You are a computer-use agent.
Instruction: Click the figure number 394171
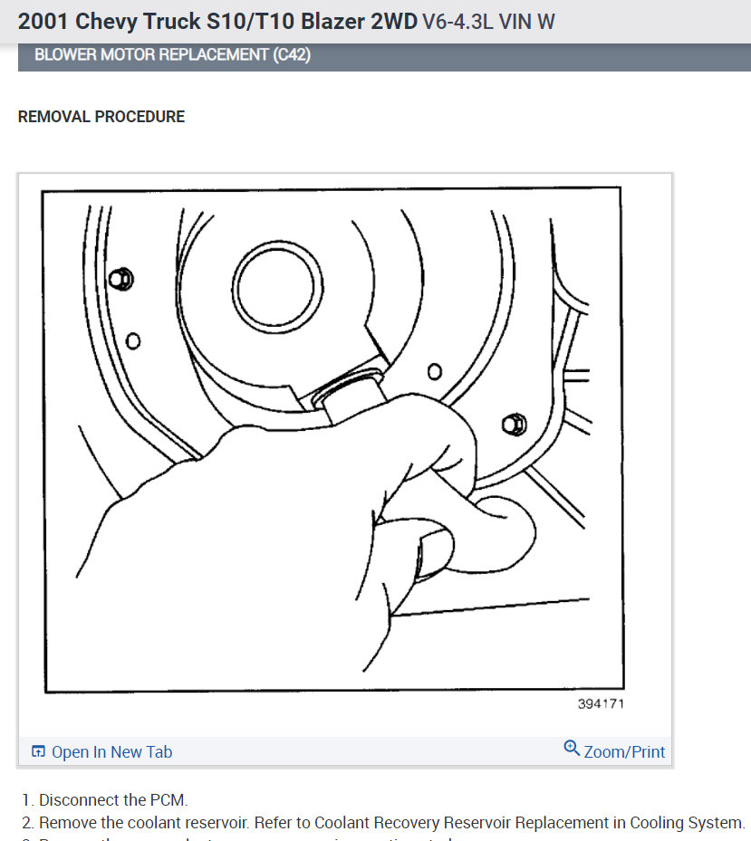[x=601, y=703]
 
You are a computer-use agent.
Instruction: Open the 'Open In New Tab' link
[x=111, y=752]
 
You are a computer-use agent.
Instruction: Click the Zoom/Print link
[x=624, y=751]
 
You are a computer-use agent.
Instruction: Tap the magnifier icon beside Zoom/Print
[x=572, y=749]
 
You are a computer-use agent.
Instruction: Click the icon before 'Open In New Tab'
[x=38, y=752]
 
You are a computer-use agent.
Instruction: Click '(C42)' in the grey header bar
[x=291, y=55]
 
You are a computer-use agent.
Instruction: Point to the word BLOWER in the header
[x=64, y=55]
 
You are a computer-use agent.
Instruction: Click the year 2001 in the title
[x=43, y=21]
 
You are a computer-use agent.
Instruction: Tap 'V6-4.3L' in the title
[x=455, y=21]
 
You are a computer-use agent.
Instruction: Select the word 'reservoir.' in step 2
[x=220, y=823]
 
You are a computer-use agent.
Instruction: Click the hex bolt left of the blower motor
[x=121, y=279]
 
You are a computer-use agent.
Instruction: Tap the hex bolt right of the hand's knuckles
[x=512, y=424]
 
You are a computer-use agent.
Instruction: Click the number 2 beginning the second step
[x=27, y=823]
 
